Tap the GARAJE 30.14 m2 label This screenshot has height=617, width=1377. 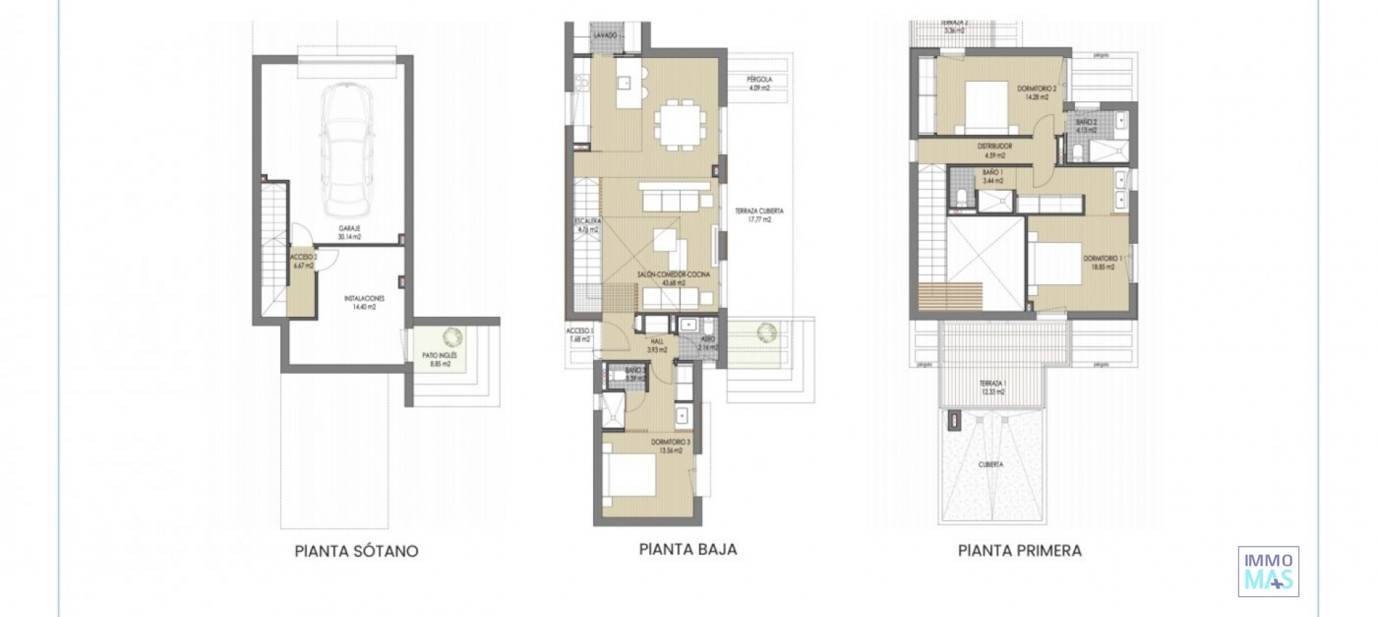pos(349,232)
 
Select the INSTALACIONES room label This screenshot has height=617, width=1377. pos(364,302)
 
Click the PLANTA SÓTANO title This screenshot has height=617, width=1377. pos(356,551)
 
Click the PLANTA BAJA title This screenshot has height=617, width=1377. pos(688,550)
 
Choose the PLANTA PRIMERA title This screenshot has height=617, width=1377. pos(1019,551)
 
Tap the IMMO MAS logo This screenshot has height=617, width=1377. pos(1268,571)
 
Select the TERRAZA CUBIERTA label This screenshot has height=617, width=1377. pos(759,215)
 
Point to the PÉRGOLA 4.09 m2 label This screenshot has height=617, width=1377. pos(759,83)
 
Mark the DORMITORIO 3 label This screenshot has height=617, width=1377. pos(671,446)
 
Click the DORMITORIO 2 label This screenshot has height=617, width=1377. pos(1036,93)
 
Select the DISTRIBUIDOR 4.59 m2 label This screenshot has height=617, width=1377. pos(995,151)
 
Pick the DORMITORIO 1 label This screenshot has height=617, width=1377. pos(1102,262)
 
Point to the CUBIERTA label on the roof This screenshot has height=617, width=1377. pos(990,465)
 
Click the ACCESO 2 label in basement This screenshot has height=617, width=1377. pos(303,260)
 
